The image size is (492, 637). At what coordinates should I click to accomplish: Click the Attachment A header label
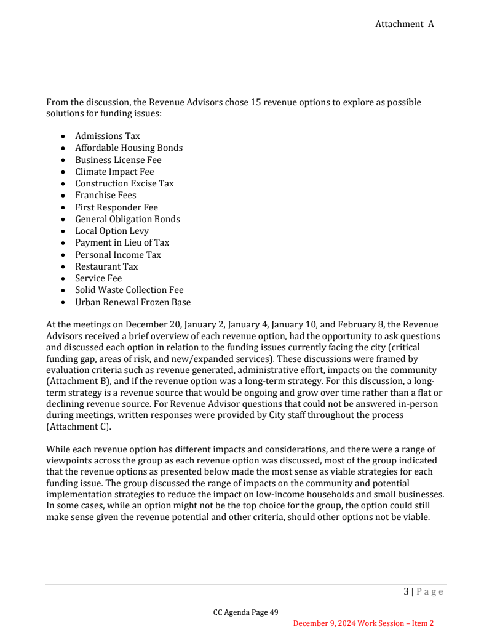404,24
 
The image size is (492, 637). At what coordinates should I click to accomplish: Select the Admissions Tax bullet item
108,136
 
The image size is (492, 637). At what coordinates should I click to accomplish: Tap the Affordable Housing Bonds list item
129,148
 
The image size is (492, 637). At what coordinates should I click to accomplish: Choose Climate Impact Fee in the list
114,172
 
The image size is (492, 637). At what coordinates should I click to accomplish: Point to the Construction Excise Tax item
124,183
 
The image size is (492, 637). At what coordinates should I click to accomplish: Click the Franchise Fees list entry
106,195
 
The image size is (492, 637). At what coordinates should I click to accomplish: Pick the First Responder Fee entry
116,207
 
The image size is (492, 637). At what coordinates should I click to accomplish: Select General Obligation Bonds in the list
127,219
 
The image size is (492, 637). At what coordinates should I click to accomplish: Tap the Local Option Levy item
112,231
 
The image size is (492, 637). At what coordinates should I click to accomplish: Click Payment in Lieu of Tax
122,242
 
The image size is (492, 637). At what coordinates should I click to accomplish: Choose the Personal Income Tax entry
118,255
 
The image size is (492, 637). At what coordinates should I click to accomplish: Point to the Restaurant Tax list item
106,266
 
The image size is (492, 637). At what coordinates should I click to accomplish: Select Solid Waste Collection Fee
129,290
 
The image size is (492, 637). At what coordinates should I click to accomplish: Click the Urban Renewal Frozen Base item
133,302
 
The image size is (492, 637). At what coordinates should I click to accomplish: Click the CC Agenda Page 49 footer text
246,612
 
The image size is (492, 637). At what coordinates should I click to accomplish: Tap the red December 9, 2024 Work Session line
363,623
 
